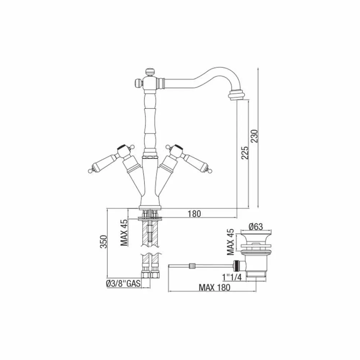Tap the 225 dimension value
245,153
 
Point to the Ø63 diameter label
256,226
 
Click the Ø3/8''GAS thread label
123,284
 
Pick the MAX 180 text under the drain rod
215,287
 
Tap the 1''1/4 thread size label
232,277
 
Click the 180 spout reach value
194,214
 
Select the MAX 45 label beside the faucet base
124,233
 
